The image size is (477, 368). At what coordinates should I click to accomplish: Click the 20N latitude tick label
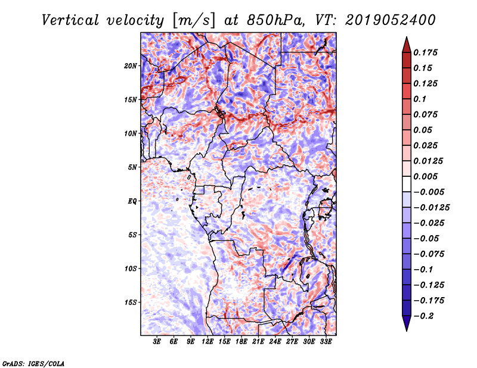pyautogui.click(x=131, y=66)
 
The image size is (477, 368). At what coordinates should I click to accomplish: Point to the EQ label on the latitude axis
pyautogui.click(x=132, y=201)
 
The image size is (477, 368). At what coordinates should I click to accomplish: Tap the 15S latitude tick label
pyautogui.click(x=131, y=302)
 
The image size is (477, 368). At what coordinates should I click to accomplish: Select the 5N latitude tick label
pyautogui.click(x=132, y=167)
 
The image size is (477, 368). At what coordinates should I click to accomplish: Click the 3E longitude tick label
pyautogui.click(x=157, y=342)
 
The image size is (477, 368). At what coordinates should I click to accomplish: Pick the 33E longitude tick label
pyautogui.click(x=326, y=342)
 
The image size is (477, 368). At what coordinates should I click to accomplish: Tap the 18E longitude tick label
pyautogui.click(x=241, y=342)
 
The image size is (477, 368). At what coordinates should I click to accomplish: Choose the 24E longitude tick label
pyautogui.click(x=275, y=342)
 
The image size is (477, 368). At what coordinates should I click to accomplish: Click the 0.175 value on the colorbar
pyautogui.click(x=425, y=52)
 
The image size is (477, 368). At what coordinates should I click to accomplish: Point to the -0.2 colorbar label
pyautogui.click(x=423, y=316)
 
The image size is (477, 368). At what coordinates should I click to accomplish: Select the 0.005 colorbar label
pyautogui.click(x=425, y=176)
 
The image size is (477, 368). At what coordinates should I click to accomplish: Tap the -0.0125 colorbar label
pyautogui.click(x=431, y=208)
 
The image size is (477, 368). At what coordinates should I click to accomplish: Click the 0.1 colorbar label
pyautogui.click(x=420, y=99)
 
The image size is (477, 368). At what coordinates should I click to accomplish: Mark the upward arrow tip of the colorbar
pyautogui.click(x=407, y=37)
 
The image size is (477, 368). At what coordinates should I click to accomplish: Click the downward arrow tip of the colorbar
pyautogui.click(x=407, y=330)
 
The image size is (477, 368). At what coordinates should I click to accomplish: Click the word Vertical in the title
pyautogui.click(x=70, y=20)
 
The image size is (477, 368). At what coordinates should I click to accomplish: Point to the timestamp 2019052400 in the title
pyautogui.click(x=391, y=20)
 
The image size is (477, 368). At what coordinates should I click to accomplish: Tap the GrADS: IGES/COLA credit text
pyautogui.click(x=33, y=364)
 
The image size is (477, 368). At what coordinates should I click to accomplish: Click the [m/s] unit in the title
pyautogui.click(x=194, y=21)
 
